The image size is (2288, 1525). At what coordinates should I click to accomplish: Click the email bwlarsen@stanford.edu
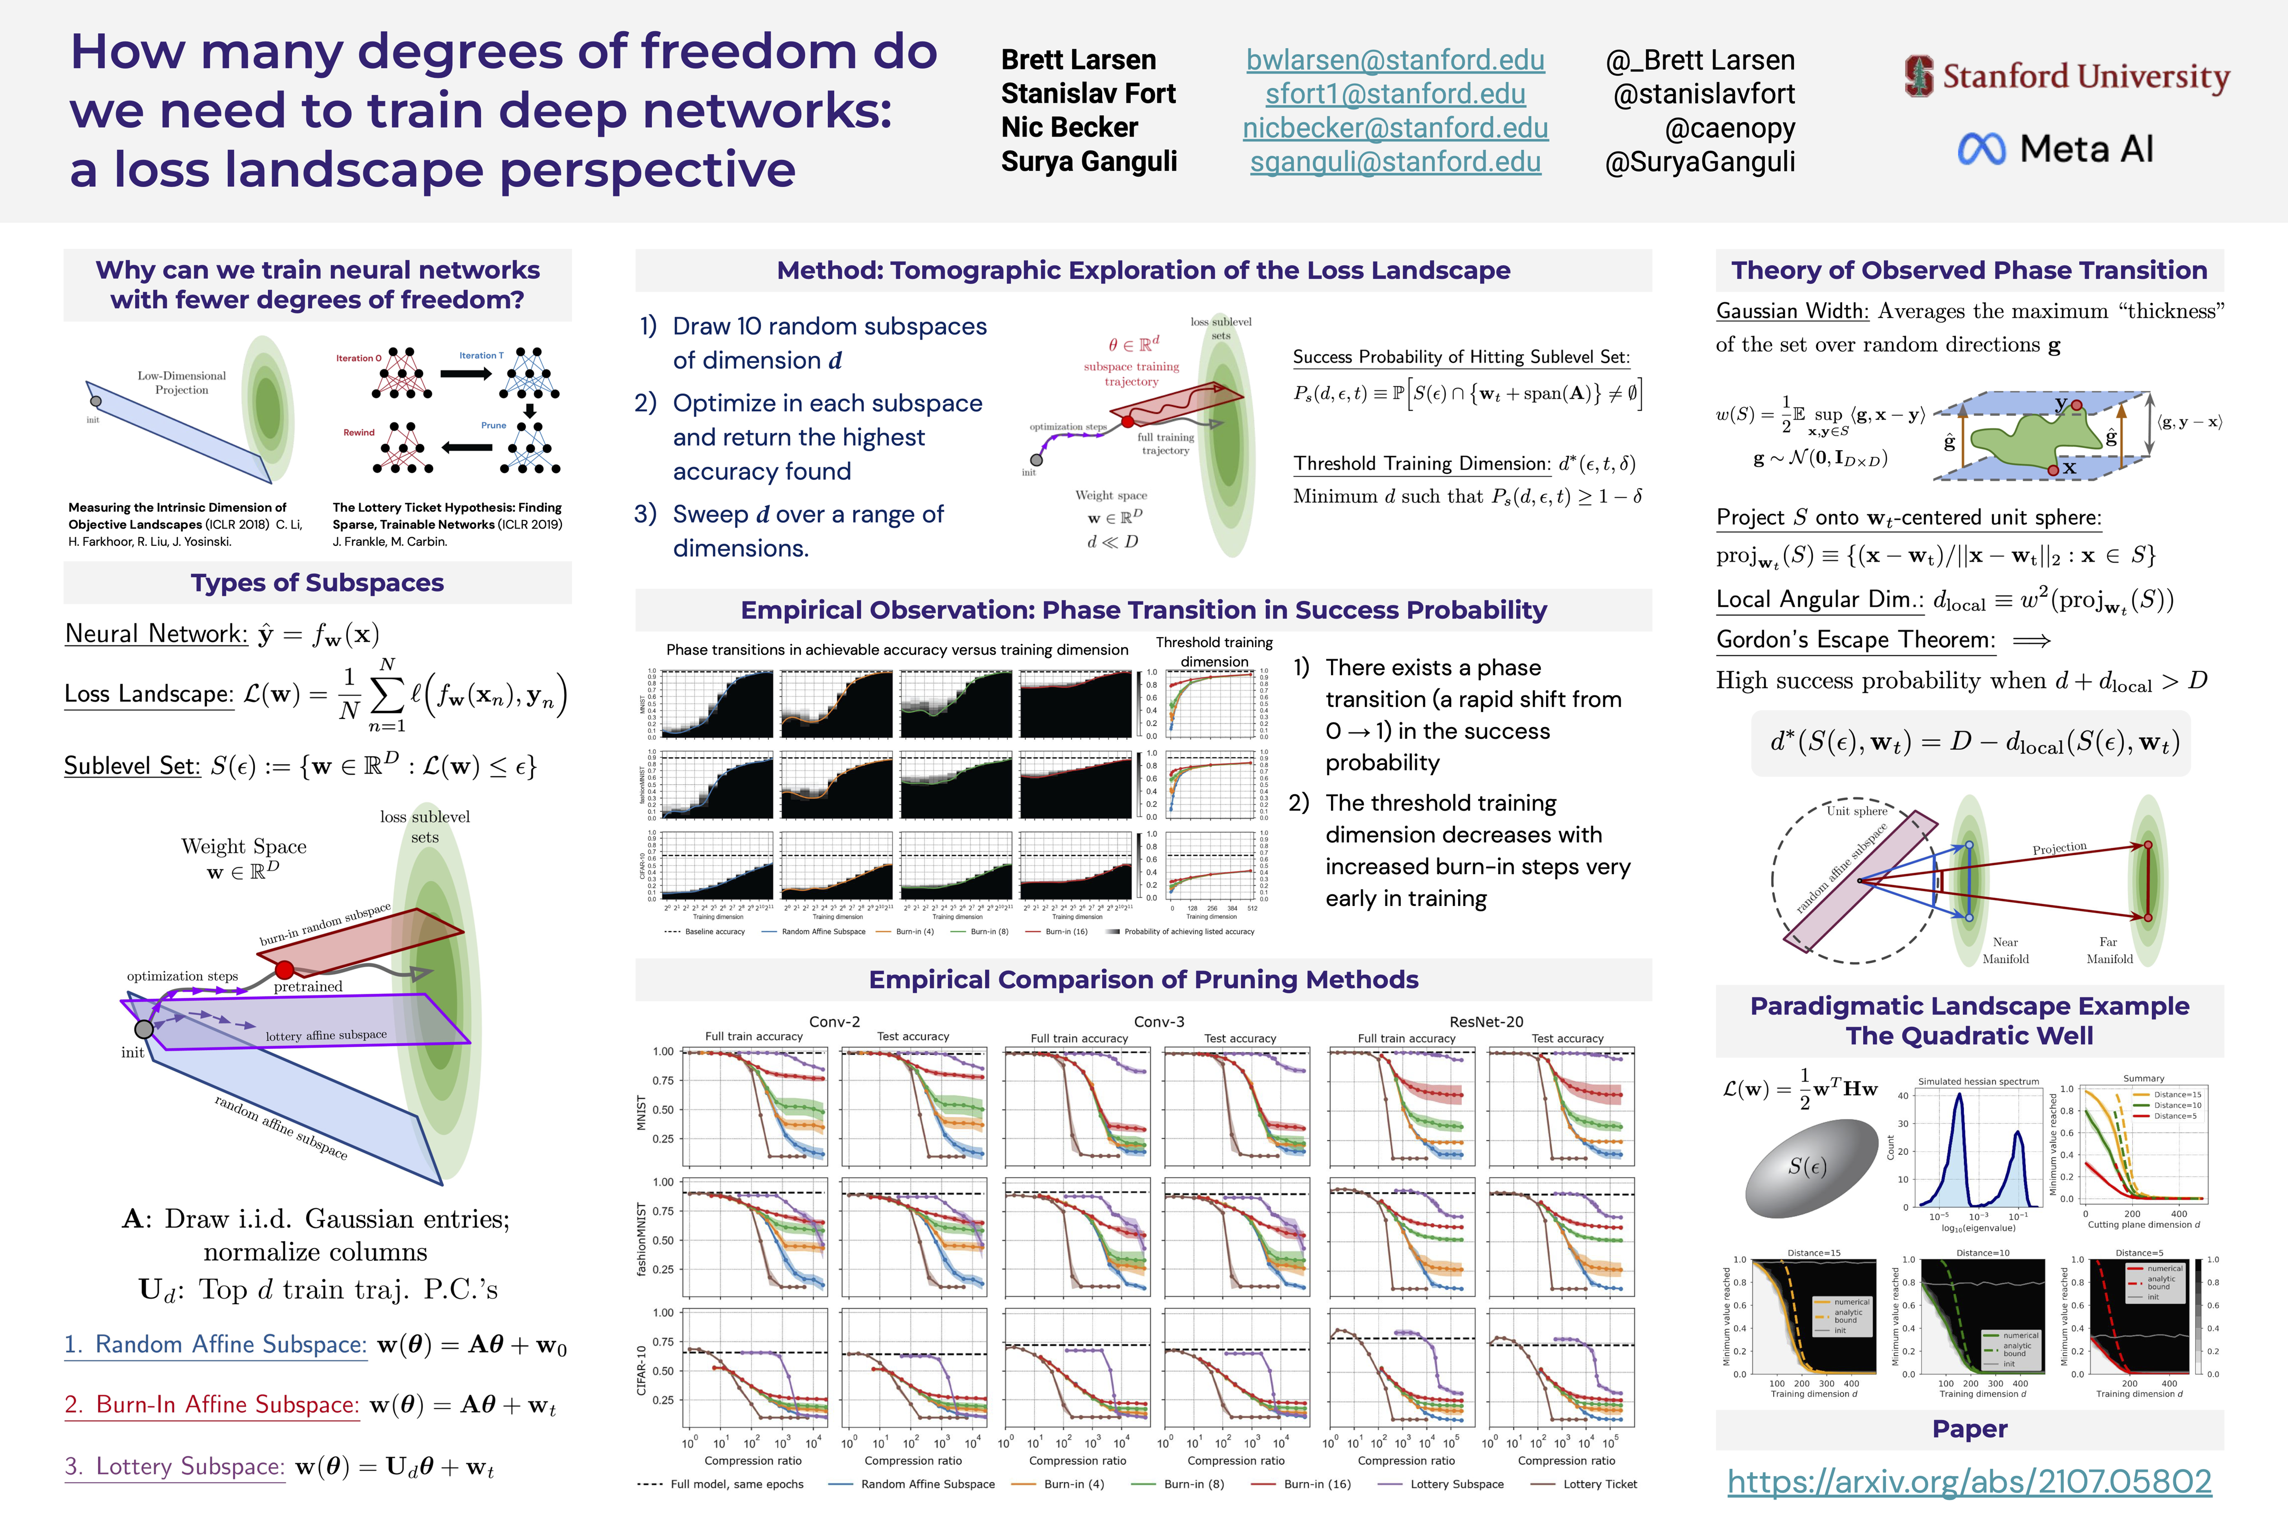point(1395,60)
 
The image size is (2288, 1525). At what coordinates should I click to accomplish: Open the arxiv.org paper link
point(1969,1481)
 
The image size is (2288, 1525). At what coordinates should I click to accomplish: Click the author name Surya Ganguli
point(1088,162)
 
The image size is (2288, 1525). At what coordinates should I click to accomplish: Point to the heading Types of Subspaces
point(317,582)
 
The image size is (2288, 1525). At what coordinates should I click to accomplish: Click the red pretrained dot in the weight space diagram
point(284,970)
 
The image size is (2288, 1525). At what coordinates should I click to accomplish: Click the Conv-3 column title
point(1159,1022)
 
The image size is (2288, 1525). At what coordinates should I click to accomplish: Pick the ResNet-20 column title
point(1486,1022)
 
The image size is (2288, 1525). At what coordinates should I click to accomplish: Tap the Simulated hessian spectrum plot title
point(1978,1081)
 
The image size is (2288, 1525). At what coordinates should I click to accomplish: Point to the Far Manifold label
point(2109,950)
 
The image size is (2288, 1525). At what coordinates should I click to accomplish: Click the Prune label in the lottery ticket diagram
point(493,425)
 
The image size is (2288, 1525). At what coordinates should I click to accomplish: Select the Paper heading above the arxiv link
point(1969,1429)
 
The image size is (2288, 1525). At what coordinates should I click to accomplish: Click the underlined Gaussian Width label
point(1792,311)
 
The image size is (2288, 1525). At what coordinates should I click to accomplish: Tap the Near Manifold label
point(2006,950)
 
